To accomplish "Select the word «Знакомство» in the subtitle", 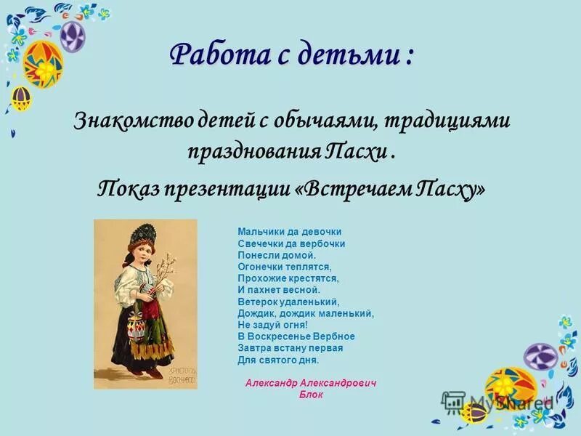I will click(x=132, y=121).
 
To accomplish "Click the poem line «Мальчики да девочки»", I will click(x=289, y=232).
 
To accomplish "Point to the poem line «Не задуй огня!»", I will click(x=272, y=325).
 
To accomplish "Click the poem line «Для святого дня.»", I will click(x=277, y=360).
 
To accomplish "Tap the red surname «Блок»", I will click(x=311, y=395).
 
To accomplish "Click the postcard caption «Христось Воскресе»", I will click(x=179, y=375).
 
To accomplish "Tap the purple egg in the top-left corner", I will click(x=71, y=34).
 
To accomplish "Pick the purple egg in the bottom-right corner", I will click(x=540, y=356).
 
